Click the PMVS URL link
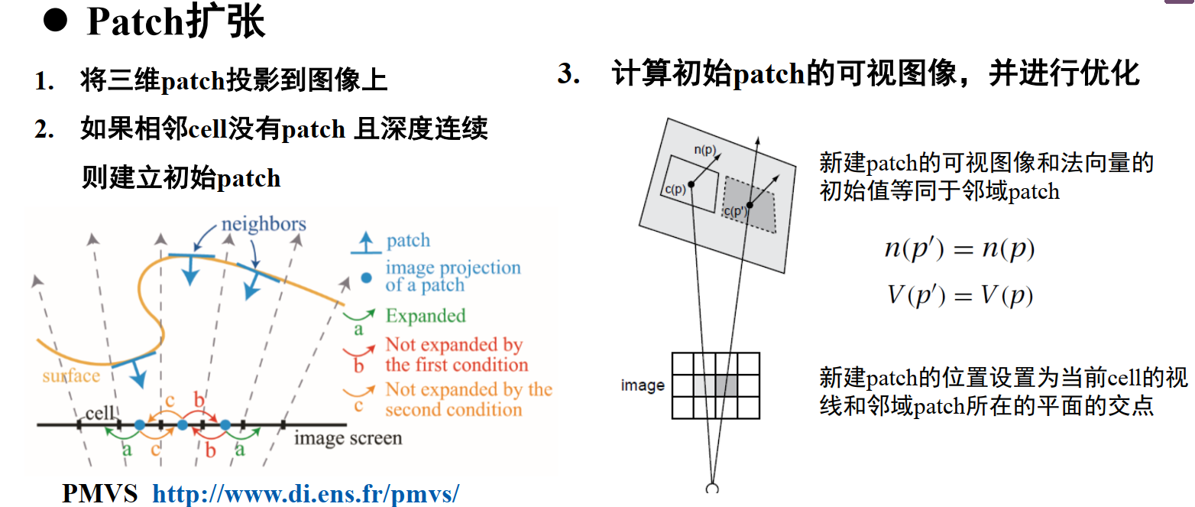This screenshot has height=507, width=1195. click(306, 493)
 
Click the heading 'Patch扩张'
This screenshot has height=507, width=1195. click(176, 22)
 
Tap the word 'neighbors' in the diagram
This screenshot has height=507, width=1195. click(264, 224)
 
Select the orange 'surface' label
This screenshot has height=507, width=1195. click(71, 375)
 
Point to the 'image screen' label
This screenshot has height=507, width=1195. click(348, 438)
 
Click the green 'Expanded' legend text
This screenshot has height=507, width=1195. click(426, 316)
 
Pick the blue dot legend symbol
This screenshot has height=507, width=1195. click(367, 278)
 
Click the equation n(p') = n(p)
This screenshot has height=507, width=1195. click(959, 250)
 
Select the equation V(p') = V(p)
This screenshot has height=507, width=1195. click(960, 296)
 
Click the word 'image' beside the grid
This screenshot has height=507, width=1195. click(643, 385)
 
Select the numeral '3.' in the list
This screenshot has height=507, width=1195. click(570, 75)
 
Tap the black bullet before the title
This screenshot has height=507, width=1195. click(55, 21)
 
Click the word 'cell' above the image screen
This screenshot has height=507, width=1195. click(100, 413)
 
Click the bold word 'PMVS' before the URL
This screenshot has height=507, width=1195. click(100, 493)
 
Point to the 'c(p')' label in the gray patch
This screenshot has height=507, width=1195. click(735, 212)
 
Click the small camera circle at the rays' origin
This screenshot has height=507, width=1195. click(713, 489)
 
